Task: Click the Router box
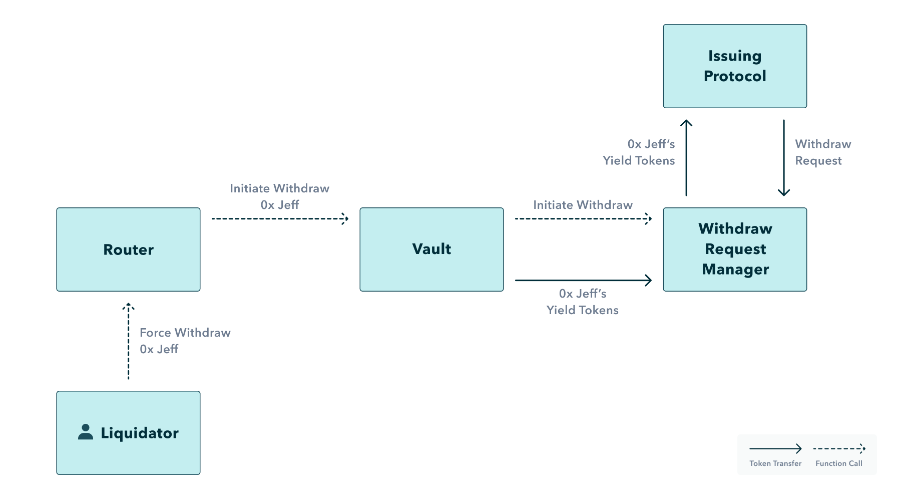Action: [x=128, y=249]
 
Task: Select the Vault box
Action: [x=431, y=249]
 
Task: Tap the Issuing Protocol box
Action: [x=735, y=66]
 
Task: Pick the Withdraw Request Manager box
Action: [x=735, y=249]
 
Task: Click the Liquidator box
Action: [x=128, y=433]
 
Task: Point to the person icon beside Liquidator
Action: [x=86, y=432]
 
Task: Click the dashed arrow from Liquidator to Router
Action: [x=128, y=341]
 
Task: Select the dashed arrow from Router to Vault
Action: [x=280, y=218]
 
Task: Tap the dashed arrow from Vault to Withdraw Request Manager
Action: [x=583, y=218]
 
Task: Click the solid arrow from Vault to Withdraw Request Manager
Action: [x=583, y=280]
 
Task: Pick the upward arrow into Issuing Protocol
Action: [x=686, y=157]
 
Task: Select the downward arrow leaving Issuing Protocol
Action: [x=784, y=157]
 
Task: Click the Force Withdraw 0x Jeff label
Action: [x=185, y=341]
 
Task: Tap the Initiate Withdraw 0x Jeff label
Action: [x=279, y=196]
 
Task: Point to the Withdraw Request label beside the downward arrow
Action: [x=823, y=152]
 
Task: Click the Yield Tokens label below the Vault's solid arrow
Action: [x=583, y=302]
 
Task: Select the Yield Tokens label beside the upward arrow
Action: [x=639, y=152]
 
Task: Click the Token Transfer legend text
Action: [x=775, y=463]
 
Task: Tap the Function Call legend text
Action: [x=839, y=463]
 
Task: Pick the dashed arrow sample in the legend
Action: [x=839, y=448]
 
